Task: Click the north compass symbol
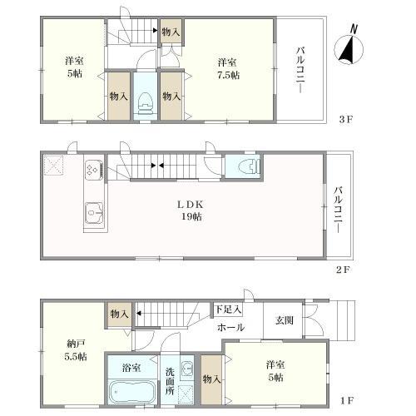pos(349,47)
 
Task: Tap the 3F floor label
pos(346,120)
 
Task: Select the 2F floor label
pos(344,270)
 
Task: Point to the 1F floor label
pos(347,400)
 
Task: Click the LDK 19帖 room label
pos(191,210)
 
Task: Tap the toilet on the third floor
pos(146,103)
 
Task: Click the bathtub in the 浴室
pos(131,393)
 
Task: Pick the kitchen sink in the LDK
pos(94,213)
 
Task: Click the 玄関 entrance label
pos(285,320)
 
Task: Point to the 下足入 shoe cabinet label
pos(229,309)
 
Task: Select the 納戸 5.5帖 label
pos(76,350)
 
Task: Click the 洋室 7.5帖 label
pos(229,69)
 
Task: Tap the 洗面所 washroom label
pos(170,381)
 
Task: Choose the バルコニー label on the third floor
pos(300,70)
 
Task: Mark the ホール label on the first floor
pos(230,328)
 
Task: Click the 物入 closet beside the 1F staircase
pos(120,314)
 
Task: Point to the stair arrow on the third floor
pos(156,31)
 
